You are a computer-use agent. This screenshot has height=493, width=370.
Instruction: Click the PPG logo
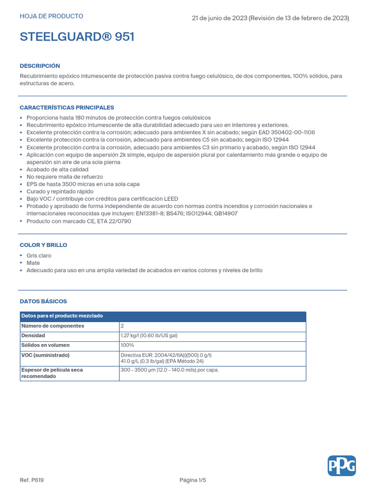click(x=342, y=466)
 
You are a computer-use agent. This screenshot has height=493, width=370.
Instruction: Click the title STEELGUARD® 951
click(x=77, y=37)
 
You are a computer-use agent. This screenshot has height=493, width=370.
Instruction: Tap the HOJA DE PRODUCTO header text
click(x=52, y=16)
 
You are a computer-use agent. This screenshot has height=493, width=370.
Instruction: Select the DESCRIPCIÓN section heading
click(x=40, y=66)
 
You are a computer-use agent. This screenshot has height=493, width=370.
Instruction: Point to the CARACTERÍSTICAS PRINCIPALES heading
click(x=67, y=107)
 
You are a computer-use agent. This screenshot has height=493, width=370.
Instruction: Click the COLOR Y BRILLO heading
click(x=43, y=245)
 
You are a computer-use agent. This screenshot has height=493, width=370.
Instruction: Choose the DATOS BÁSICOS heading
click(x=43, y=301)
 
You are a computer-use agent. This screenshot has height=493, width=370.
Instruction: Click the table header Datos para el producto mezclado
click(x=62, y=316)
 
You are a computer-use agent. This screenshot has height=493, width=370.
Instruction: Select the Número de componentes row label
click(x=53, y=326)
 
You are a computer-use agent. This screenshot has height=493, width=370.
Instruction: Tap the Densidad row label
click(x=33, y=336)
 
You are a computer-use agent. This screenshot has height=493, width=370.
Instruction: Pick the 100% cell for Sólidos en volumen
click(x=128, y=345)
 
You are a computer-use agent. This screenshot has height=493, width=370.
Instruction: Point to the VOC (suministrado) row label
click(x=45, y=355)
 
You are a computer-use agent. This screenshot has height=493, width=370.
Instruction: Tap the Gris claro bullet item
click(x=39, y=256)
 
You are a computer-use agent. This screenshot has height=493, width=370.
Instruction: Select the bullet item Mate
click(x=33, y=263)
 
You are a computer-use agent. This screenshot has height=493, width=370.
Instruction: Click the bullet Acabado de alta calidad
click(x=57, y=169)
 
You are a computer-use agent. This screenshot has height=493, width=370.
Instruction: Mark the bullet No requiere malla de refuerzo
click(x=65, y=177)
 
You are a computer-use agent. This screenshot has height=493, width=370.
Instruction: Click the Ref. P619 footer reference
click(x=32, y=480)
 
